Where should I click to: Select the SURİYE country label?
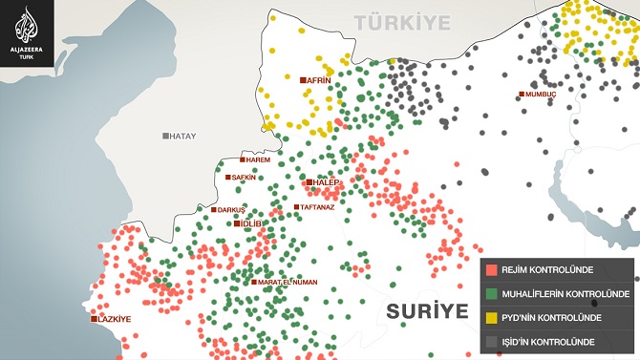click(427, 311)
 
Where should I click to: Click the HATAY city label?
click(181, 137)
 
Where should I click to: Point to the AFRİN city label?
click(319, 81)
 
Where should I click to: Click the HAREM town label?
click(258, 159)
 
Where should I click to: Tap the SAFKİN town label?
click(245, 177)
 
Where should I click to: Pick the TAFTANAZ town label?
click(315, 207)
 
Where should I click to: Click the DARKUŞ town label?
click(232, 209)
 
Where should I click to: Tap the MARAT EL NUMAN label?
click(288, 282)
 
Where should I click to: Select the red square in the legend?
click(490, 270)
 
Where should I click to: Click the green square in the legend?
click(490, 293)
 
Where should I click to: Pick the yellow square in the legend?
click(490, 317)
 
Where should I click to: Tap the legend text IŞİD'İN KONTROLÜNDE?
click(548, 341)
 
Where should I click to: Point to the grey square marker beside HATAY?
click(165, 137)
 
